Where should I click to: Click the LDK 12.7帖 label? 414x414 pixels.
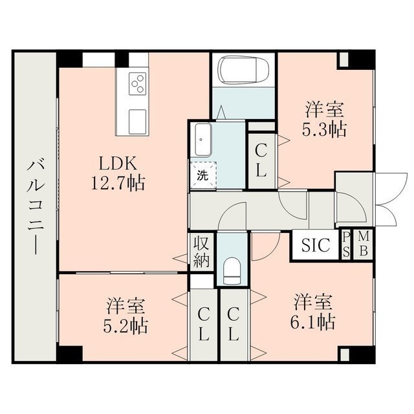point(118,173)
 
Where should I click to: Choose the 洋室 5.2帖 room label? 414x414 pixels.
point(125,316)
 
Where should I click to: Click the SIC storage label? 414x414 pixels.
point(316,245)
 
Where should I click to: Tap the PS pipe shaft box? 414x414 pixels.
point(346,245)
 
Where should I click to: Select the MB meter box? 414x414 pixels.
point(364,245)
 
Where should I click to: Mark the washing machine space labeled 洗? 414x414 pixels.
point(203,175)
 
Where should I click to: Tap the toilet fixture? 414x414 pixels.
point(232,270)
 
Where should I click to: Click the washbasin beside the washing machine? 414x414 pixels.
point(203,140)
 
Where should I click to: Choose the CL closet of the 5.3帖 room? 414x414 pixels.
point(261,161)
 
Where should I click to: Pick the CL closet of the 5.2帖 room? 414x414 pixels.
point(203,325)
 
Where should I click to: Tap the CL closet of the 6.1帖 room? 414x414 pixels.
point(234,325)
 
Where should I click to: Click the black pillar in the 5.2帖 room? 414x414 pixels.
point(69,354)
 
